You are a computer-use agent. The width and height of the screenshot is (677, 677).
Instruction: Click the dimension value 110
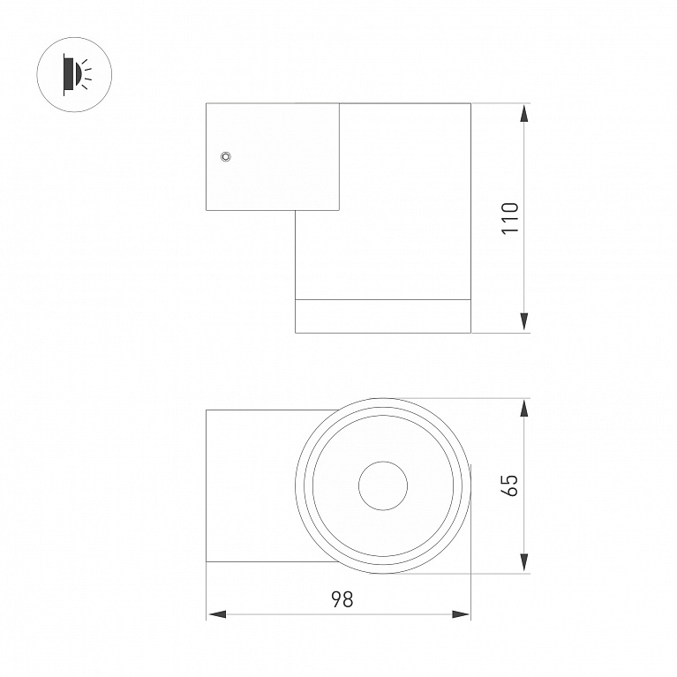(x=510, y=218)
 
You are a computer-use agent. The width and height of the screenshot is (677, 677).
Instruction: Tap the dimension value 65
(x=510, y=485)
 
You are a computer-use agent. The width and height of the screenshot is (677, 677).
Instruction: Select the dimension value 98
(x=342, y=599)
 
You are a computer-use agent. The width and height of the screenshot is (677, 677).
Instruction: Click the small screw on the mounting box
(x=225, y=156)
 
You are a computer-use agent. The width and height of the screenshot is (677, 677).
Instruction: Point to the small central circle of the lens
(x=383, y=485)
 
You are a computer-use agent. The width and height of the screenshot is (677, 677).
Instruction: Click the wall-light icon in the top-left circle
(x=77, y=74)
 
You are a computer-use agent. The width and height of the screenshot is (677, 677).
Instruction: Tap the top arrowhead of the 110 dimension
(x=523, y=114)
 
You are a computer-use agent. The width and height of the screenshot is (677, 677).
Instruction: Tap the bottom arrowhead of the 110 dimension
(x=523, y=322)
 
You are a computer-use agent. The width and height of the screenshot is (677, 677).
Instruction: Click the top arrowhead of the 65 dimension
(x=523, y=409)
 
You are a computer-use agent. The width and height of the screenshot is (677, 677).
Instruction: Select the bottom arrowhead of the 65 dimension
(x=523, y=562)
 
